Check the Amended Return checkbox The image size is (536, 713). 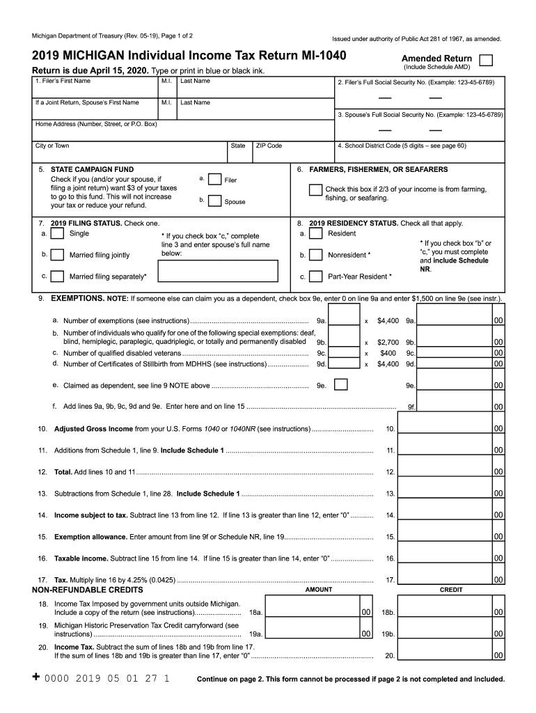click(x=488, y=59)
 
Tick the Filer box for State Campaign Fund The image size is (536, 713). click(x=216, y=180)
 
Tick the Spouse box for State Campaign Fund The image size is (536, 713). click(x=216, y=201)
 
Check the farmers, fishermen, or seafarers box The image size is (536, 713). click(x=315, y=191)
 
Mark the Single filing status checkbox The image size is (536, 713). click(x=58, y=235)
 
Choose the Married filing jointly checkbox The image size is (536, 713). click(x=58, y=255)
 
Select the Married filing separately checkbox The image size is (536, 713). click(x=58, y=276)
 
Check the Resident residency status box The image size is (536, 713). click(x=315, y=235)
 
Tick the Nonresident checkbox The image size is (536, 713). click(x=315, y=255)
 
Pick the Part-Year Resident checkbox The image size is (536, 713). click(x=315, y=276)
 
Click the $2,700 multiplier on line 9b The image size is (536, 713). click(x=388, y=343)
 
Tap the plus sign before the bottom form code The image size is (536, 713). click(x=36, y=677)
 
